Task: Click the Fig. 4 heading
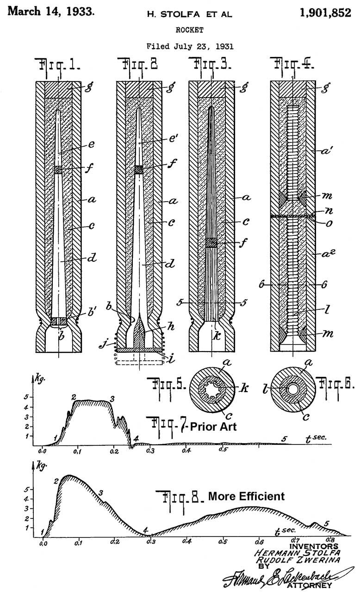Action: [x=293, y=65]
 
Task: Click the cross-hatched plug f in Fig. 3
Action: [x=211, y=242]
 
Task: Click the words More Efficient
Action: [x=246, y=497]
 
